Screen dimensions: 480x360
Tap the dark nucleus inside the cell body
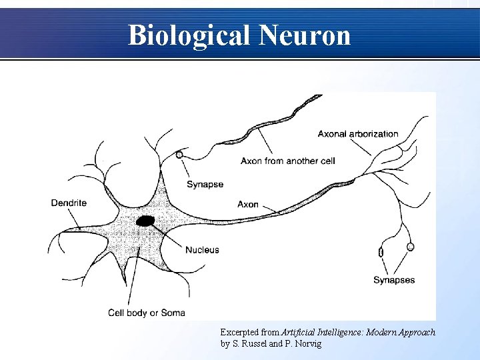point(145,221)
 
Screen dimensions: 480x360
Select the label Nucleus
point(202,250)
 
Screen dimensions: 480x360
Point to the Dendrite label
point(69,203)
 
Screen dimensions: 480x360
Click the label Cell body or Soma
point(147,313)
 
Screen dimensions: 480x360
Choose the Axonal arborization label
point(358,133)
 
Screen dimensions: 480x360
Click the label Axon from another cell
point(287,161)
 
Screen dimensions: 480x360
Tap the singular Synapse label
point(205,185)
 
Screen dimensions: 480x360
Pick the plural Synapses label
point(394,280)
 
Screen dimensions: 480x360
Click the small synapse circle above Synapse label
point(179,155)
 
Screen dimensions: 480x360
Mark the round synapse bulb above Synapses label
point(411,247)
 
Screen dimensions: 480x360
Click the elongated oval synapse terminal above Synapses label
point(381,252)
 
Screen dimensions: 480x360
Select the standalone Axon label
point(248,204)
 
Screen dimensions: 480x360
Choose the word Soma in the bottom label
point(173,313)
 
